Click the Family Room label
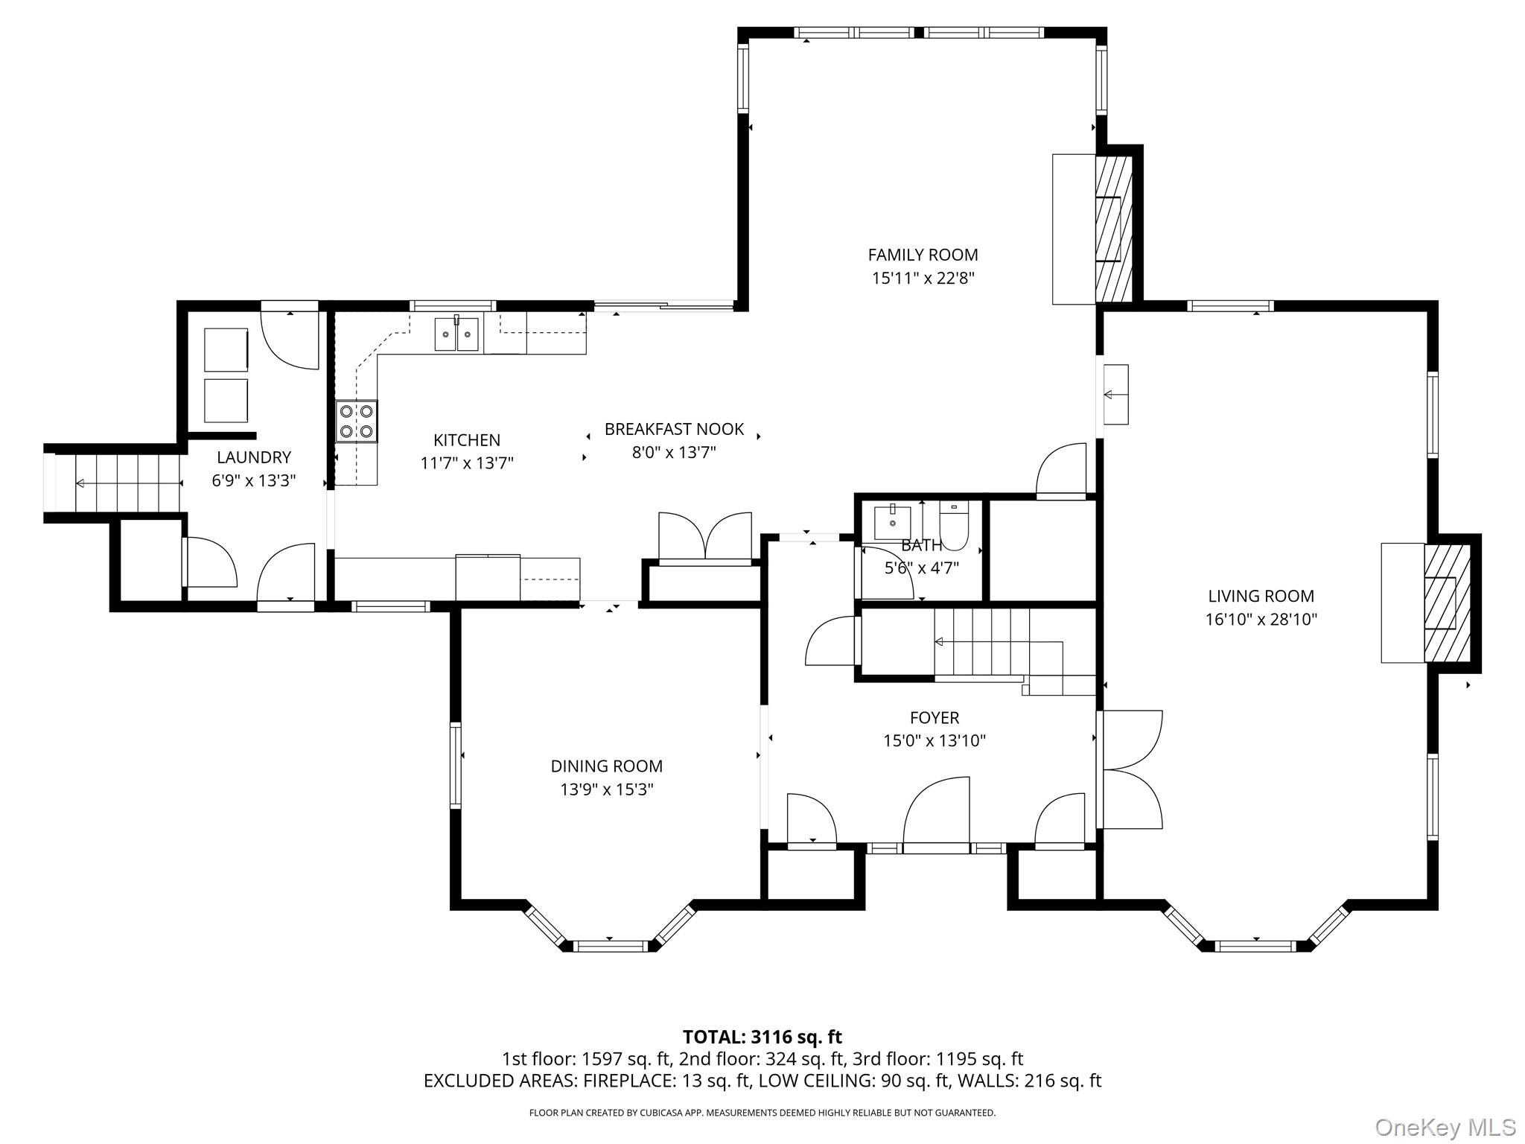tap(923, 255)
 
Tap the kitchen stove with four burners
tap(356, 422)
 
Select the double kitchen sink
tap(456, 334)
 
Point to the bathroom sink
tap(892, 521)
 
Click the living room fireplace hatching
tap(1448, 603)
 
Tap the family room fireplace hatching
tap(1113, 229)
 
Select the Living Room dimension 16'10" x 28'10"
tap(1261, 619)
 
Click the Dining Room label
tap(606, 766)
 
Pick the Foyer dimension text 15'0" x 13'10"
tap(935, 740)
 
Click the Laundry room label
tap(254, 457)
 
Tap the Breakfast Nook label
tap(674, 429)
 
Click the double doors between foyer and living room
tap(1130, 769)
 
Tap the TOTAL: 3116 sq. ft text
tap(762, 1037)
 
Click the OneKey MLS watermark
tap(1445, 1127)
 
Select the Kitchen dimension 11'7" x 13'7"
tap(467, 463)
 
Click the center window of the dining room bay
tap(609, 946)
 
